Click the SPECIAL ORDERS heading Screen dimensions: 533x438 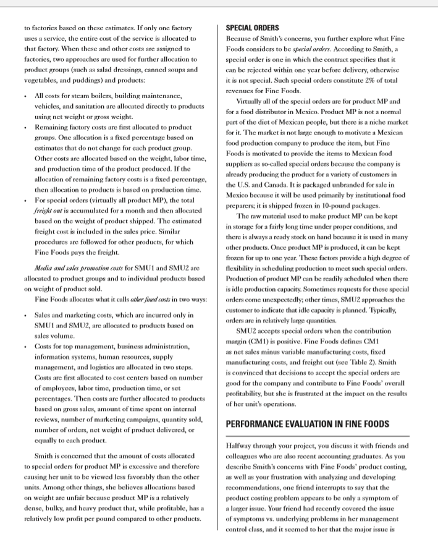click(x=253, y=28)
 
